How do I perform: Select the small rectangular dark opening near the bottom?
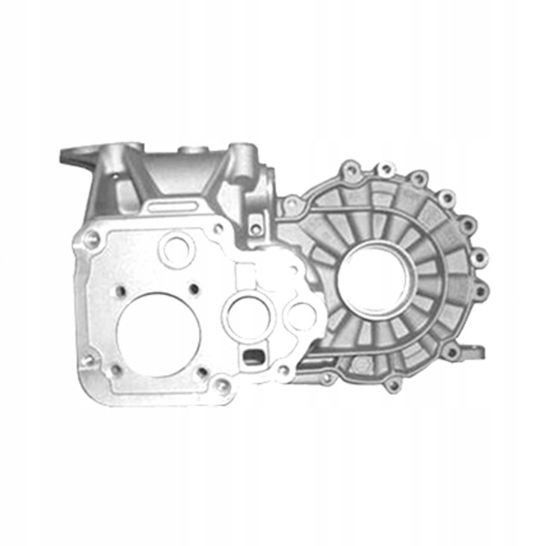[252, 354]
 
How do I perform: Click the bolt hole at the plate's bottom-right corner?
[219, 389]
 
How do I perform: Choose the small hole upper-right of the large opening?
[195, 291]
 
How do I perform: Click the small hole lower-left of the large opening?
[116, 370]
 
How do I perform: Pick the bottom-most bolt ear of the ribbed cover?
[392, 385]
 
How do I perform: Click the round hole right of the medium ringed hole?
[300, 317]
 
